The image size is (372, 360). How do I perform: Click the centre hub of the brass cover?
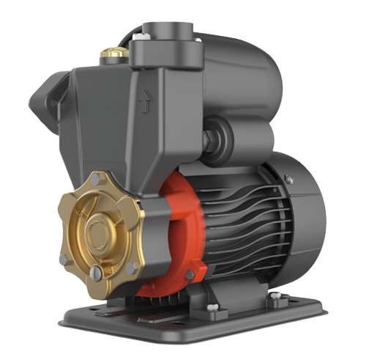coord(97,233)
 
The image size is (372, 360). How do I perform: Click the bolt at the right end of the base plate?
coord(276,298)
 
